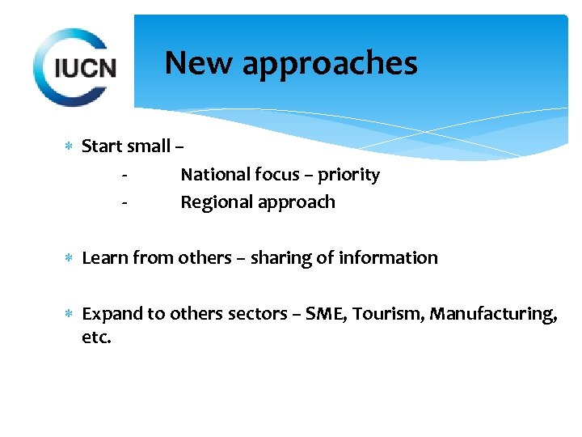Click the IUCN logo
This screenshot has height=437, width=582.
(75, 66)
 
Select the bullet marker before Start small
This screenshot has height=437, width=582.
(70, 146)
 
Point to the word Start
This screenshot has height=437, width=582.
(101, 146)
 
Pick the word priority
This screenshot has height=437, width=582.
(348, 176)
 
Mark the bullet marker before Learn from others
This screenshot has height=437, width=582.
(70, 258)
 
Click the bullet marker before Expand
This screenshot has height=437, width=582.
(70, 314)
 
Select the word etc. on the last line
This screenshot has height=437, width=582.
(97, 337)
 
